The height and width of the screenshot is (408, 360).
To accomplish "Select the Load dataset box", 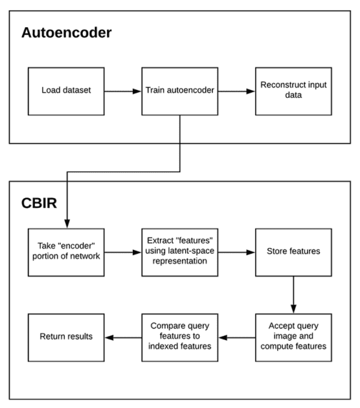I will pos(66,92).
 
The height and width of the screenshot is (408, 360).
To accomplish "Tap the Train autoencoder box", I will pos(179,92).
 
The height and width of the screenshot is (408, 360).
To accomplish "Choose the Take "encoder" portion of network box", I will pos(66,252).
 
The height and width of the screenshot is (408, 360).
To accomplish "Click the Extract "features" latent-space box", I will pos(179,252).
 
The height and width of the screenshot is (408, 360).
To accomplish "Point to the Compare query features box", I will pos(179,336).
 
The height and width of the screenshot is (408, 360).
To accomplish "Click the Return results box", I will pos(66,336).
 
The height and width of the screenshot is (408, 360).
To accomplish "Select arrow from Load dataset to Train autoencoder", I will pos(122,92).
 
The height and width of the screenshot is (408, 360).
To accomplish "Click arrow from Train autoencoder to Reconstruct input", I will pos(236,92).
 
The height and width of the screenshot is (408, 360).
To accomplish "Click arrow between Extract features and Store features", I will pos(236,252).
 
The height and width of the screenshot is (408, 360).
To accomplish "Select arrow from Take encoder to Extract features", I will pos(122,252).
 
